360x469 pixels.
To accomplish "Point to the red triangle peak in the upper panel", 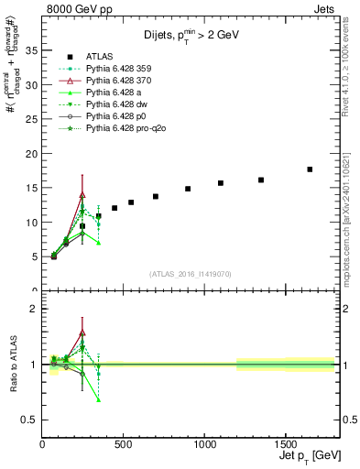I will [82, 194].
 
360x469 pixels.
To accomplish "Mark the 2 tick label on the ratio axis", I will [34, 309].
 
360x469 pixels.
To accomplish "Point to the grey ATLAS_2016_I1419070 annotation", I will [190, 273].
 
